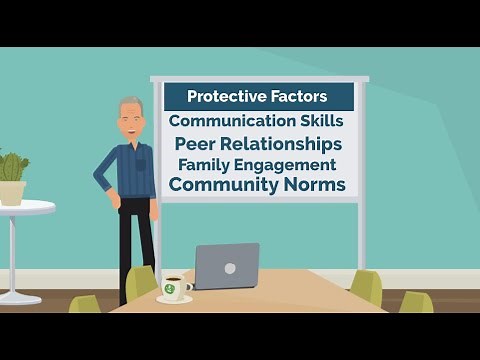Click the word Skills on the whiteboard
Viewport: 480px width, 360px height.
point(317,120)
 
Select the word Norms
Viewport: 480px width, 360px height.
point(314,185)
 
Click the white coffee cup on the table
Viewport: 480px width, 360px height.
point(174,287)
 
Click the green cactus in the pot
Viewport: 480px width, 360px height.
point(13,167)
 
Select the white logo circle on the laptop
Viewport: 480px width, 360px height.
point(231,267)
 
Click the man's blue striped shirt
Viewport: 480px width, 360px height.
point(130,170)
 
